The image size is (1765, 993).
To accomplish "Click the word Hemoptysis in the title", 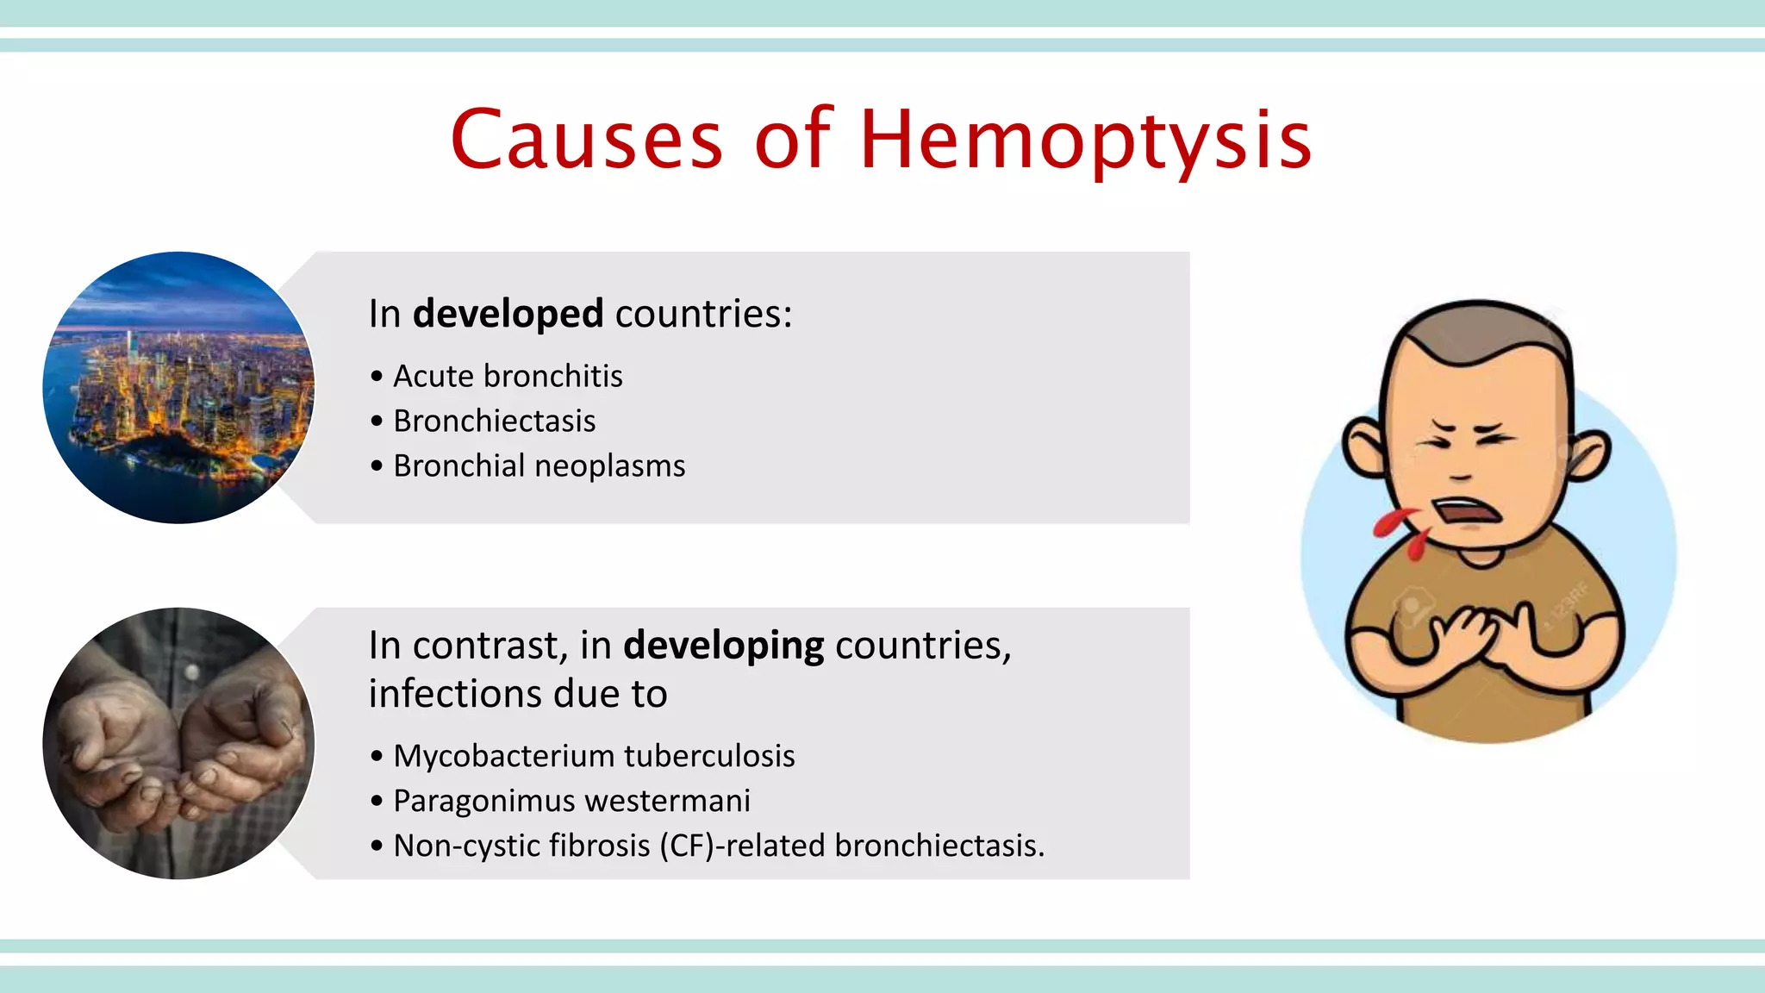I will coord(1086,140).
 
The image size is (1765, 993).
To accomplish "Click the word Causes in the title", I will coord(587,140).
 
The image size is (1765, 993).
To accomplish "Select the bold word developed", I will coord(508,314).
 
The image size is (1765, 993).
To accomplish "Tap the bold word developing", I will coord(723,646).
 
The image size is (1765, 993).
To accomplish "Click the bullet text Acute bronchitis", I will coord(508,377).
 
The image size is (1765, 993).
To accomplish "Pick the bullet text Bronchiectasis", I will coord(494,422).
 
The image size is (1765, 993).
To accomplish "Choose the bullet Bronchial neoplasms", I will coord(539,466).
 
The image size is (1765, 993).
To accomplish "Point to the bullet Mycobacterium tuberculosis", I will coord(594,756).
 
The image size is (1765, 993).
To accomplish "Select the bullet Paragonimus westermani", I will coord(571,801).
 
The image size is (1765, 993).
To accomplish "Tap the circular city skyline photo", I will coord(178,388).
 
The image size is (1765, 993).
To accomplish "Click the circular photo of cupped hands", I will coord(178,743).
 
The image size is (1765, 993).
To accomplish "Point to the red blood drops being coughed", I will coord(1400,530).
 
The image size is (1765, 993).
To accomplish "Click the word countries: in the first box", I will coord(703,314).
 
